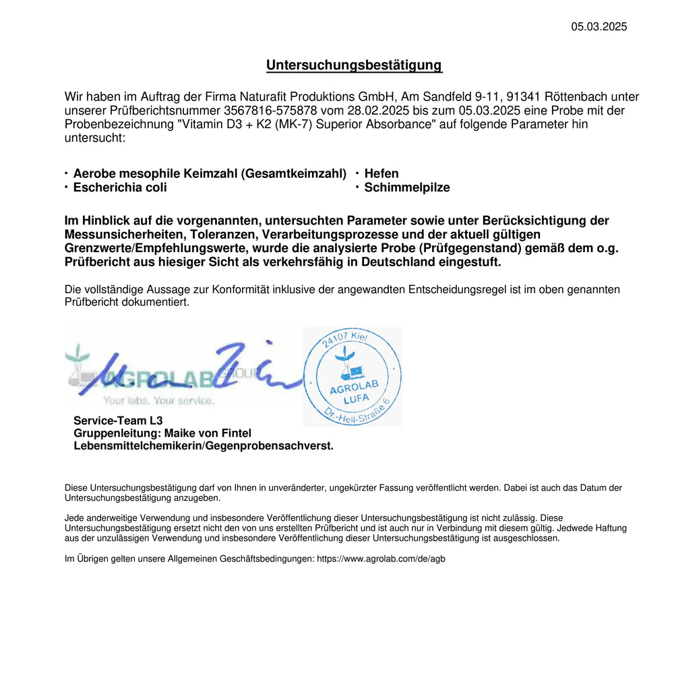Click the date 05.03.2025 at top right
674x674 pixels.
pyautogui.click(x=599, y=27)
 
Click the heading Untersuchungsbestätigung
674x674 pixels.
pyautogui.click(x=354, y=65)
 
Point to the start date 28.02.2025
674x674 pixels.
pyautogui.click(x=375, y=111)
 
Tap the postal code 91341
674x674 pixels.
pyautogui.click(x=517, y=97)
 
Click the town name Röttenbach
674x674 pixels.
pyautogui.click(x=578, y=97)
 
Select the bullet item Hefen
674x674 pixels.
pyautogui.click(x=381, y=174)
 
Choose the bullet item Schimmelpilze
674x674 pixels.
pyautogui.click(x=407, y=188)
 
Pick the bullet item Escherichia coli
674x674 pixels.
pyautogui.click(x=120, y=188)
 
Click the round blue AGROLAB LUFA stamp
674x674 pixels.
pyautogui.click(x=352, y=377)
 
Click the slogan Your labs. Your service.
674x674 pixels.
pyautogui.click(x=159, y=401)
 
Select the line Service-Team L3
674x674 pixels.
pyautogui.click(x=118, y=421)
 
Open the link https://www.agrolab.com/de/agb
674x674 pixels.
pyautogui.click(x=381, y=559)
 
